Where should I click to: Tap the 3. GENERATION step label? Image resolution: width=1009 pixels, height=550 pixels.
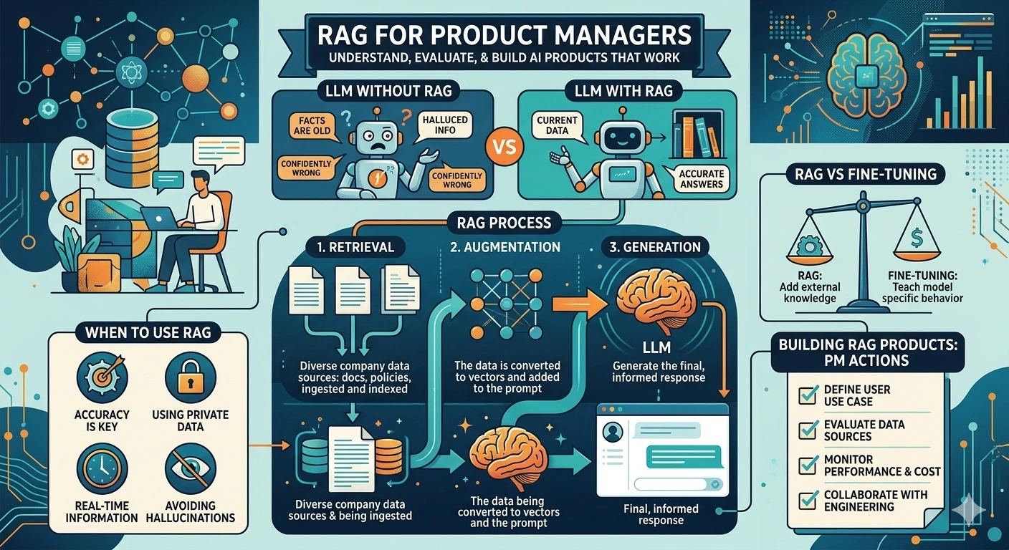(x=655, y=247)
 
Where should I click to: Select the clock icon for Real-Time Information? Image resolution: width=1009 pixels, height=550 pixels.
(x=102, y=468)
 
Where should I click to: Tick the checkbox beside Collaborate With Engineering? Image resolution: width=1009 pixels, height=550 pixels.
(x=808, y=499)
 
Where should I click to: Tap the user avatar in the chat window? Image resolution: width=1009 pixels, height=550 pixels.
(x=613, y=432)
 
